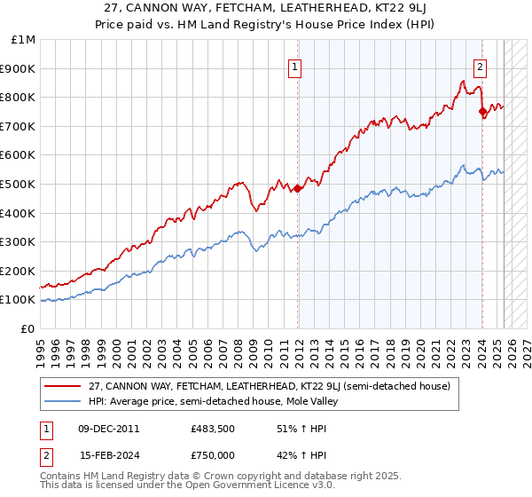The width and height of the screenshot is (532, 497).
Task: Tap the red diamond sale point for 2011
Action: coord(298,188)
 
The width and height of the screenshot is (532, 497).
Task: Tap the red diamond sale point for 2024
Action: coord(482,112)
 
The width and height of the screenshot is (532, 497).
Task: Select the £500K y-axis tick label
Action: coord(20,184)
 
